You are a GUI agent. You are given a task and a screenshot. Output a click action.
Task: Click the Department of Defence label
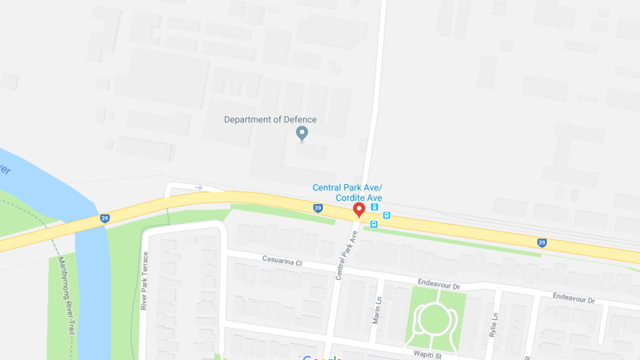(270, 120)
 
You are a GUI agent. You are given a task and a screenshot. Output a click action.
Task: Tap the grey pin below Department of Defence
(302, 134)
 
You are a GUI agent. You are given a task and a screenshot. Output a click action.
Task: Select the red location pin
(359, 210)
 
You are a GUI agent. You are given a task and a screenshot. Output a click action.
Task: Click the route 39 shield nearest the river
(104, 218)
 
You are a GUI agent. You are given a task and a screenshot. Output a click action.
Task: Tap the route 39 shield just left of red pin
(318, 209)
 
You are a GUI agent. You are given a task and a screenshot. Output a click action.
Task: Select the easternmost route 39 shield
(542, 242)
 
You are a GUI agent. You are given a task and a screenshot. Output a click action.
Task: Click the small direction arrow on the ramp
(198, 188)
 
